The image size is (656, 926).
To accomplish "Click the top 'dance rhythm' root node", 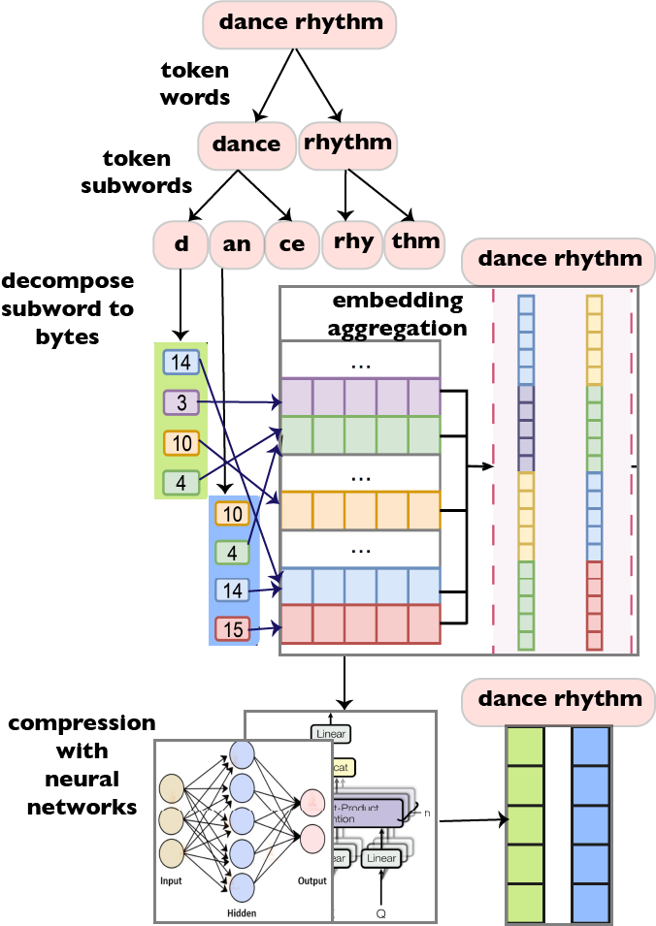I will coord(301,23).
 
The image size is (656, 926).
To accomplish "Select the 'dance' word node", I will coord(246,144).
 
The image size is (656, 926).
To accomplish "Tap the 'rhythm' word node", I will coord(347,143).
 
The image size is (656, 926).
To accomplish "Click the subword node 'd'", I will coord(181,243).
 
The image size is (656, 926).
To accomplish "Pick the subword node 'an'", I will coord(236,243).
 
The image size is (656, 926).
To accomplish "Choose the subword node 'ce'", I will coord(291,243).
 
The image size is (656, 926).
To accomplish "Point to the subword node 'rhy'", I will coord(352,241).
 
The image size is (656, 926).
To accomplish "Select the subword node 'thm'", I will coord(414,241).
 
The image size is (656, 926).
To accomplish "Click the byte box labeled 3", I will coord(180,401).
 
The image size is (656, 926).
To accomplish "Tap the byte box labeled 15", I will coord(233,629).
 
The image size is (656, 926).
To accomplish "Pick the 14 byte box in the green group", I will coord(180,364).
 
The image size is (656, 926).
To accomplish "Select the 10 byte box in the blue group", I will coord(233,514).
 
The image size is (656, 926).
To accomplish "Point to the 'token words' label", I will coord(195,83).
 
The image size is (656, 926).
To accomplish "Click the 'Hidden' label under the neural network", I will coord(242,912).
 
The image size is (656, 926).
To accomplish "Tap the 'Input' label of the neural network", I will coord(171,881).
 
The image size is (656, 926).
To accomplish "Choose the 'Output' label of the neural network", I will coord(312,881).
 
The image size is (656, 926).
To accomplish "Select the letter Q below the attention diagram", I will coord(379,912).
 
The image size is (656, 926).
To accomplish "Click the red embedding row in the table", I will coord(360,624).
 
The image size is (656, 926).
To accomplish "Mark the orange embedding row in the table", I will coord(360,509).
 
